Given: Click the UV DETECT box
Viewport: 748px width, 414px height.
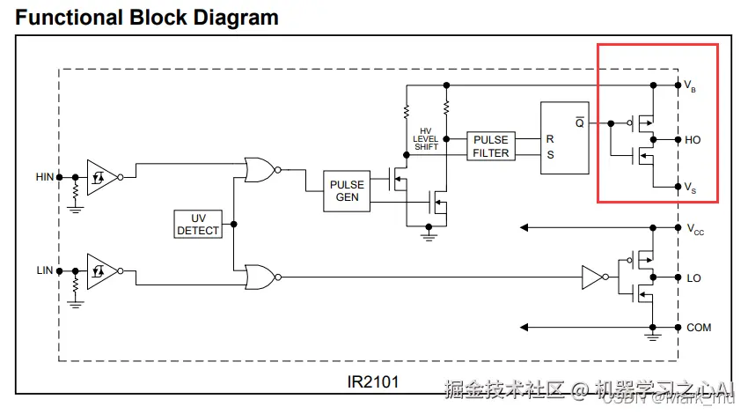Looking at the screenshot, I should coord(199,224).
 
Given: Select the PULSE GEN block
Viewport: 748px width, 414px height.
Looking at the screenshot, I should coord(347,191).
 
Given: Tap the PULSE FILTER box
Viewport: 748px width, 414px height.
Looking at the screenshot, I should coord(491,146).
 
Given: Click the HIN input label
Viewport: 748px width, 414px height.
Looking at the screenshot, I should coord(44,177).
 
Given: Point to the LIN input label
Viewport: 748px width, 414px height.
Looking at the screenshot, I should coord(44,270).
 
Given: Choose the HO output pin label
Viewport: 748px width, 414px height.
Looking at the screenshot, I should coord(693,140).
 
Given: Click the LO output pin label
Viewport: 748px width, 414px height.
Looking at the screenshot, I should coord(693,277).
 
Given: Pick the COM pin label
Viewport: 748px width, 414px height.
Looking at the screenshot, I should coord(699,328).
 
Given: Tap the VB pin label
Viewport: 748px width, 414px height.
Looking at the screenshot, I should coord(691,86).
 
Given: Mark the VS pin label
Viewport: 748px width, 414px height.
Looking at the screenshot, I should coord(692,187).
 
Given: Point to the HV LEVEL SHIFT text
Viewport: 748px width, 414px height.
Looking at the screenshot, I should coord(426,139).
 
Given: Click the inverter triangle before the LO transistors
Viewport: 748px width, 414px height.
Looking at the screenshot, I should coord(590,277).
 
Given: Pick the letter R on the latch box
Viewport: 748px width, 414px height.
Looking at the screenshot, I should coord(550,139).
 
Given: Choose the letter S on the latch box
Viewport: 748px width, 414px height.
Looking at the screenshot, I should coord(550,154).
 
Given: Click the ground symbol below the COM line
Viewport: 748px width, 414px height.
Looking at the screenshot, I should coord(652,335).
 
